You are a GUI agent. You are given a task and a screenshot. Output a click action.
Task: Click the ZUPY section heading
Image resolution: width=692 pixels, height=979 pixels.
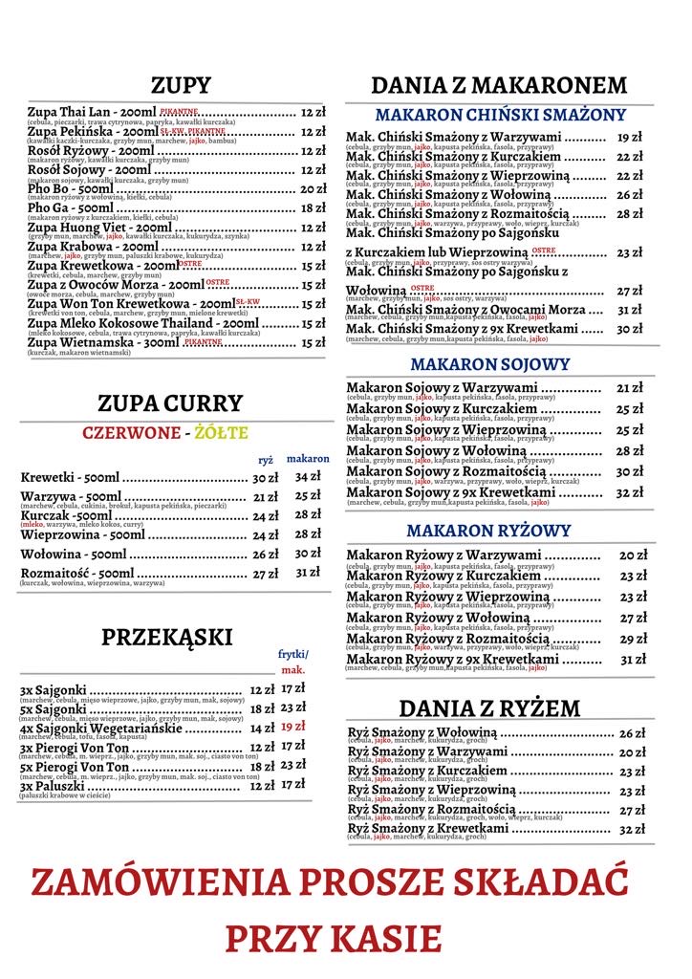point(181,86)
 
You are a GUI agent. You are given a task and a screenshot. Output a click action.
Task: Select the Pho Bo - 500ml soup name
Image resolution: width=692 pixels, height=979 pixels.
point(71,189)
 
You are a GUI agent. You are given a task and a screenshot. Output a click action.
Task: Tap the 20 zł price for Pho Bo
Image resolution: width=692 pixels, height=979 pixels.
point(314,189)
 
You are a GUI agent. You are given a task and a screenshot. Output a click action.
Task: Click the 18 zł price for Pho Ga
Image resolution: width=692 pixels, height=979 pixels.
point(314,208)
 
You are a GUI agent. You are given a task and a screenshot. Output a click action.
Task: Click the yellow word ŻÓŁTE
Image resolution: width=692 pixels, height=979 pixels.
point(221,432)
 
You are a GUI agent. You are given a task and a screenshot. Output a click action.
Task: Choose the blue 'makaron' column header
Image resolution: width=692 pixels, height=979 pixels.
point(308,459)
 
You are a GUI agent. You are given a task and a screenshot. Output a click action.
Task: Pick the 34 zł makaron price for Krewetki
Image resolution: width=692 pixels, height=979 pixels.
point(308,476)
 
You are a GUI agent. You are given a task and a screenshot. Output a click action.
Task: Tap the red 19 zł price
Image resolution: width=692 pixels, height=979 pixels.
point(293,727)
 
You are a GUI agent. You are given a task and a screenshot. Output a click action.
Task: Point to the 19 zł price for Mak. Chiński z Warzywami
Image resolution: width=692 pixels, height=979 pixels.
point(630,138)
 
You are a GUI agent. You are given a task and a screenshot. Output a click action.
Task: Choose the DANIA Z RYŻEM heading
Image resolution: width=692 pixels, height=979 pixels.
point(489,708)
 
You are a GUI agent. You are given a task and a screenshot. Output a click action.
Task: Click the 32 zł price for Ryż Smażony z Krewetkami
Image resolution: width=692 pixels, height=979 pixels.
point(633,829)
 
